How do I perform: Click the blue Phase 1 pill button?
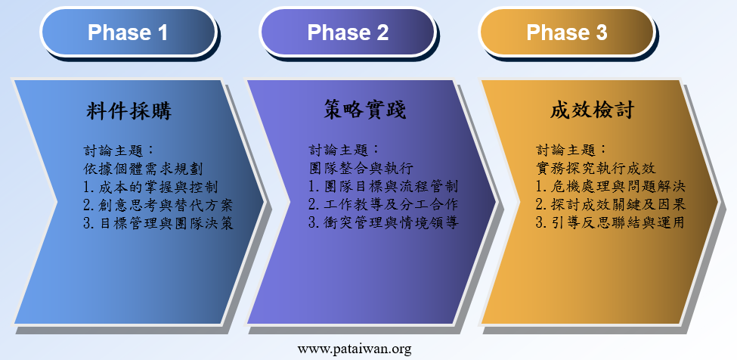(128, 32)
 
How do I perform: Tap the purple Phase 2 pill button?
(348, 32)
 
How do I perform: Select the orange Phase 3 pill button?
(566, 32)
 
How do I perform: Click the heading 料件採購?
(129, 111)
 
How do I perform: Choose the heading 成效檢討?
(593, 111)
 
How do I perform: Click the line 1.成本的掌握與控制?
(150, 187)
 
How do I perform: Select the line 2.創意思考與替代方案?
(158, 206)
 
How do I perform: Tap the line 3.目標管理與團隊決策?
(158, 224)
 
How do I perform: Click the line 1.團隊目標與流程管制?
(383, 186)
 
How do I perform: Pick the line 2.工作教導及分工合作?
(383, 204)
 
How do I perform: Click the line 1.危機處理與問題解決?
(611, 187)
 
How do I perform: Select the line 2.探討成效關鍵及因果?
(611, 205)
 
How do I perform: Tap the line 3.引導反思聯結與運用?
(611, 223)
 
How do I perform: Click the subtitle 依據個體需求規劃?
(143, 169)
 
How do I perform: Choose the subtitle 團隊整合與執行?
(361, 168)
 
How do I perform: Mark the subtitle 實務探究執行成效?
(596, 168)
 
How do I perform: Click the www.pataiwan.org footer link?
(355, 349)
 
